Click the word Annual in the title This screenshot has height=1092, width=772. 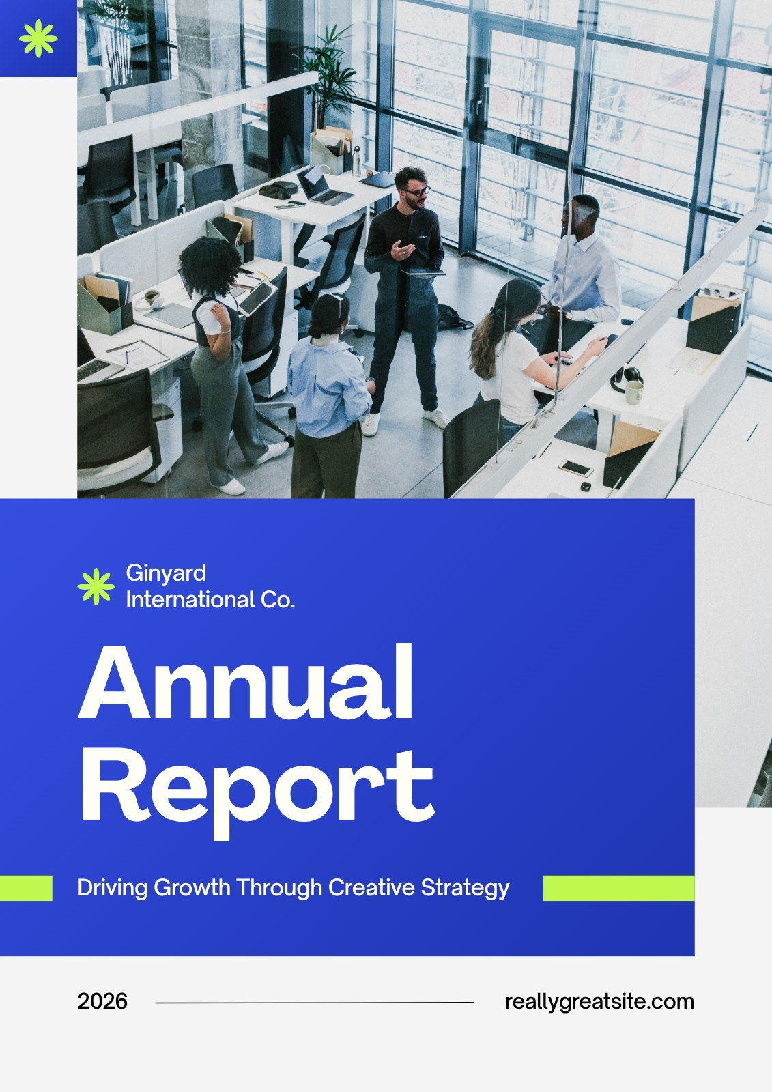pyautogui.click(x=245, y=682)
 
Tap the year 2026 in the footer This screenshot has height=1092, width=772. pyautogui.click(x=102, y=1001)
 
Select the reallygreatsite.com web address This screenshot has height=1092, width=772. pyautogui.click(x=599, y=1003)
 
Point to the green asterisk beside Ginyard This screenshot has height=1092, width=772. pyautogui.click(x=96, y=586)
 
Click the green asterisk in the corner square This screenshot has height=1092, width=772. pyautogui.click(x=38, y=38)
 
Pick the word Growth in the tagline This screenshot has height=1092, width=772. pyautogui.click(x=192, y=888)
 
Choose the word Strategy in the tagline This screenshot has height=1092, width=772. pyautogui.click(x=465, y=889)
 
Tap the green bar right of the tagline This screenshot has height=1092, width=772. pyautogui.click(x=619, y=888)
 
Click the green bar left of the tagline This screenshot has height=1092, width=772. pyautogui.click(x=26, y=888)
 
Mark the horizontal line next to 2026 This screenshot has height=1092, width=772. pyautogui.click(x=315, y=1003)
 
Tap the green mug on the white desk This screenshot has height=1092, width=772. pyautogui.click(x=635, y=392)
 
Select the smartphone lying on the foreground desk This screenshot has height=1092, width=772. pyautogui.click(x=576, y=468)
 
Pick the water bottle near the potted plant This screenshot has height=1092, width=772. pyautogui.click(x=356, y=161)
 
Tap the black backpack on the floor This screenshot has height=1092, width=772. pyautogui.click(x=453, y=317)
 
